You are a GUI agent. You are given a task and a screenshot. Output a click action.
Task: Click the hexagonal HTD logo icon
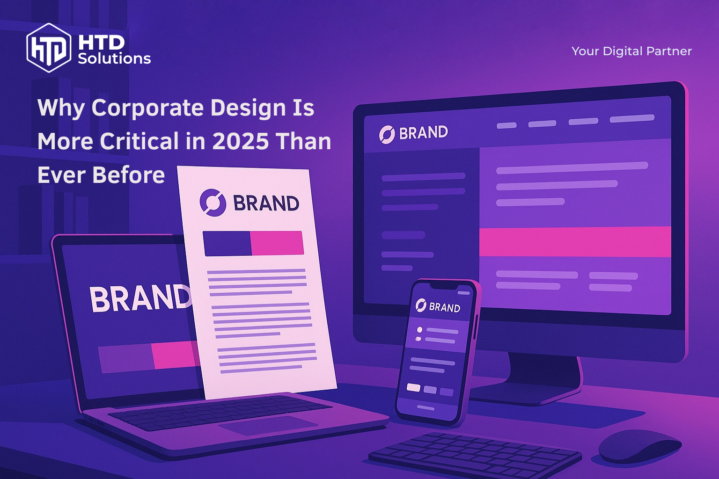point(49,48)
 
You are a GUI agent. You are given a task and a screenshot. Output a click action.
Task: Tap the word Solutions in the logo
point(114,58)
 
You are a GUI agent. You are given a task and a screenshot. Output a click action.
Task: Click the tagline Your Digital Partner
point(631,51)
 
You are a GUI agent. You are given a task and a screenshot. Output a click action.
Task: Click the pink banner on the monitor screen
point(575,241)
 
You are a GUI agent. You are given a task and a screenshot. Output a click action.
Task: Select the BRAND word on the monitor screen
point(423,133)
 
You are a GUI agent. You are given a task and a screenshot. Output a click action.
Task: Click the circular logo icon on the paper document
point(213,203)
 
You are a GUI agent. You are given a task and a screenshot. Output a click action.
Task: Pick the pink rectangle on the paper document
point(277,243)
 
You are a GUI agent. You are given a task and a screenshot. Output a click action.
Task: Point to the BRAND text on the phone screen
point(444,307)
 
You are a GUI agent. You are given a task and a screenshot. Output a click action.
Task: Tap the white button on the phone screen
point(413,387)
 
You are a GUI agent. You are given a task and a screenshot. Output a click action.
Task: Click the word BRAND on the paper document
point(266,203)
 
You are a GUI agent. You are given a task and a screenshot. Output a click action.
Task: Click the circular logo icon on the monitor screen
point(387,135)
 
